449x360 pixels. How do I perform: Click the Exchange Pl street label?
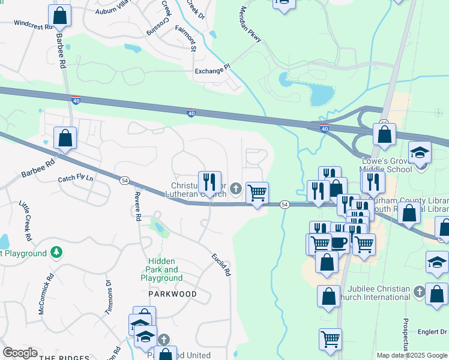click(x=212, y=71)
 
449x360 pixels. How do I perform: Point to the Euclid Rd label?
click(x=220, y=264)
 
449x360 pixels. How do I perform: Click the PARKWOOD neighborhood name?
click(x=173, y=294)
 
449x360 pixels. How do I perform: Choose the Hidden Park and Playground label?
click(x=161, y=270)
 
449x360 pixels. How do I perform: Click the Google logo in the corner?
click(x=20, y=352)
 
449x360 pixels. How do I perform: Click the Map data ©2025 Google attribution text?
click(x=412, y=355)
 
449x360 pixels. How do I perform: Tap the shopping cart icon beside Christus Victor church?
click(x=257, y=193)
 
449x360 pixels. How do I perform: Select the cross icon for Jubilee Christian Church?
click(x=419, y=291)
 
